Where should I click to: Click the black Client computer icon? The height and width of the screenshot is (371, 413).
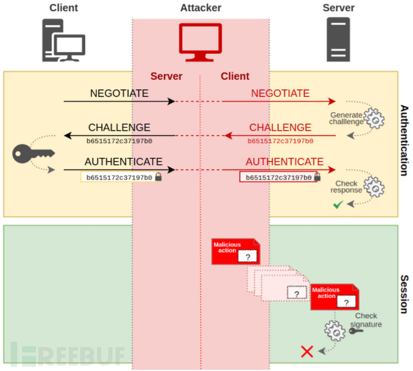[63, 40]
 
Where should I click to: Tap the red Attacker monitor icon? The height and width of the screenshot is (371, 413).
[201, 42]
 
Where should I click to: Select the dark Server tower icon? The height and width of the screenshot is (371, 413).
[338, 39]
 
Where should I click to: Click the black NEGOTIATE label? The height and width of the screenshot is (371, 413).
[119, 94]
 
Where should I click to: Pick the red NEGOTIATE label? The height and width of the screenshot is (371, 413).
[280, 94]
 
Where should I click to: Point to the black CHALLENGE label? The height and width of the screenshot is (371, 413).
[119, 128]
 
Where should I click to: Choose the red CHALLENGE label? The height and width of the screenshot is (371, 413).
[280, 128]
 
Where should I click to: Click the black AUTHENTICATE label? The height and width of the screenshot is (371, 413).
[123, 162]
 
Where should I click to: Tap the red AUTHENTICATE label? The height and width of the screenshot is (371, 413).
[284, 162]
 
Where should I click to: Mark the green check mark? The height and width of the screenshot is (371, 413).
[338, 205]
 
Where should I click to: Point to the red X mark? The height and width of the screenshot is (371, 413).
[307, 351]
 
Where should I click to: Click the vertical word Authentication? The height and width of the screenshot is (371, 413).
[404, 140]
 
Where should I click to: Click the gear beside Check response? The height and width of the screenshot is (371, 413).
[375, 186]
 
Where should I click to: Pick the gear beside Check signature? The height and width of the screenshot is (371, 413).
[333, 329]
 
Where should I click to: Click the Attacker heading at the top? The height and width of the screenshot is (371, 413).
[201, 8]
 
